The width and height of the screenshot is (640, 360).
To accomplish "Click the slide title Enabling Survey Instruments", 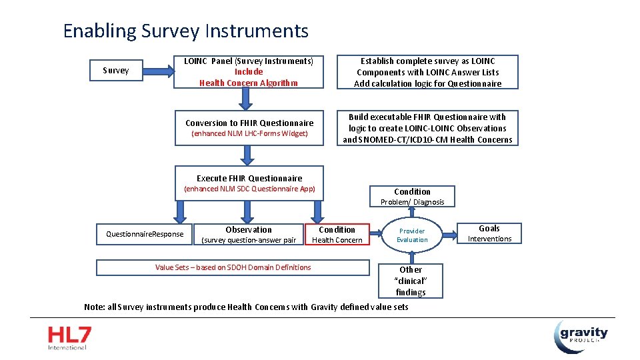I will [x=185, y=31].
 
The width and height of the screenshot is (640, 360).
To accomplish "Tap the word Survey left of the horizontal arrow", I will [x=115, y=71].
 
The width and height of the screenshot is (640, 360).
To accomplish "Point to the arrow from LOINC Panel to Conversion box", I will [x=247, y=99].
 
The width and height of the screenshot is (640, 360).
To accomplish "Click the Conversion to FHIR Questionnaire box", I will [x=249, y=127].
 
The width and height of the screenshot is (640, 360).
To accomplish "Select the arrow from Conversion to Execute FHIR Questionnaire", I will [x=247, y=155].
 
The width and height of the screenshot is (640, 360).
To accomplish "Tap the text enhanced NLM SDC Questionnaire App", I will [x=249, y=189].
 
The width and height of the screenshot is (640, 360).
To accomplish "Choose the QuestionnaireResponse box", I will [x=145, y=234].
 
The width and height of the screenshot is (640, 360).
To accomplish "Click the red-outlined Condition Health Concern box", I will [x=337, y=235].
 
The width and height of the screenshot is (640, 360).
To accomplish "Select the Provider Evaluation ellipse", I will [x=412, y=235].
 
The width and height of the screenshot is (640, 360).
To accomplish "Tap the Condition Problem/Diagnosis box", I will [x=412, y=197].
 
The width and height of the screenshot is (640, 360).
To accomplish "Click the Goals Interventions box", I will [x=489, y=233].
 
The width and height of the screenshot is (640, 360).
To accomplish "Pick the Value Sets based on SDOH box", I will [x=233, y=267].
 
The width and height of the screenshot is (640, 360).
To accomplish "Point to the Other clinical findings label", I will [x=411, y=281].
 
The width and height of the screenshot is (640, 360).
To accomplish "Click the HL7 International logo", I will [x=69, y=338].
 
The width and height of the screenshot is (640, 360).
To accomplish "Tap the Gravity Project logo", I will [x=581, y=336].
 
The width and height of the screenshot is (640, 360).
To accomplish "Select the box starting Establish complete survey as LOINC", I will [x=427, y=72].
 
